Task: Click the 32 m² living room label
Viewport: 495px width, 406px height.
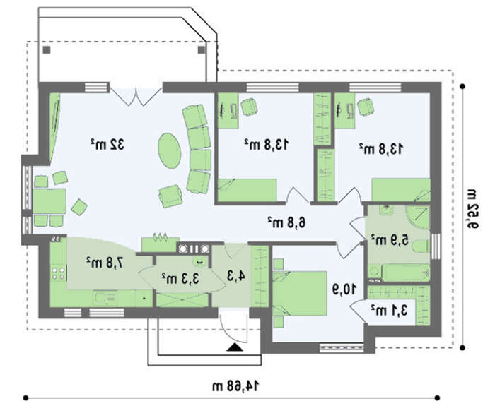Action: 107,144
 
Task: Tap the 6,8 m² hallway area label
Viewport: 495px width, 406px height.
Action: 286,222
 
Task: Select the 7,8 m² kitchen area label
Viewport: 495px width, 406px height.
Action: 105,262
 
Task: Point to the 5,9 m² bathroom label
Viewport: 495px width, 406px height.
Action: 389,239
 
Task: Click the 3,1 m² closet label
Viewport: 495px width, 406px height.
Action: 389,310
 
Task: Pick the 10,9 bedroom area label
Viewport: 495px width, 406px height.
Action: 344,289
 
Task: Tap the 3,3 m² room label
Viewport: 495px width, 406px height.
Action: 180,278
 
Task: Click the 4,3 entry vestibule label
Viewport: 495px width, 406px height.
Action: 236,276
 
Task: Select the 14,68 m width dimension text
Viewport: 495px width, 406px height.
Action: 235,386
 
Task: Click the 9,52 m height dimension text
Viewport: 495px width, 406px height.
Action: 472,208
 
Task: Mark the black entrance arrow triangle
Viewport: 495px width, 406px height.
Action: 235,347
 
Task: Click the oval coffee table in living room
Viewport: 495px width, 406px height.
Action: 170,150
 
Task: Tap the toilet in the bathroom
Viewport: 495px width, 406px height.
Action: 421,246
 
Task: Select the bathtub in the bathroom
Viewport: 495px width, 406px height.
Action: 405,273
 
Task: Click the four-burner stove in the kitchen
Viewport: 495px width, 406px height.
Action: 59,273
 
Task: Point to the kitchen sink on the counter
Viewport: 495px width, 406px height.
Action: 105,297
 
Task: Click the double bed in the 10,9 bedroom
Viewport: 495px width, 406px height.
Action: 300,293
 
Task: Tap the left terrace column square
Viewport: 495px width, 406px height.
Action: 47,50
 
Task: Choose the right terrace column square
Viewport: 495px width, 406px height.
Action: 202,50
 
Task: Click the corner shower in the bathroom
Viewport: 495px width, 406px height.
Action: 417,217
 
